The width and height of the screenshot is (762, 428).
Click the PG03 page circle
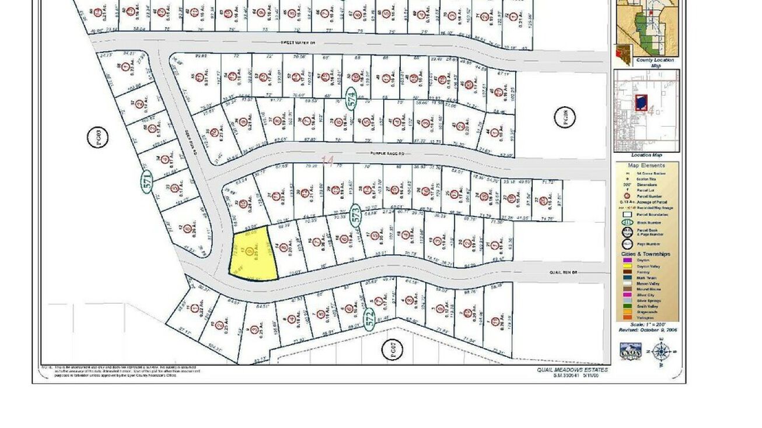click(99, 138)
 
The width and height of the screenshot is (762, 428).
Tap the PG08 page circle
click(564, 117)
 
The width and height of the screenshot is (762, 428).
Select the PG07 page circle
click(392, 350)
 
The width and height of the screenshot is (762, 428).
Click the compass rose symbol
click(660, 352)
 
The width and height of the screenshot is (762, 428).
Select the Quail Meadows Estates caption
click(572, 370)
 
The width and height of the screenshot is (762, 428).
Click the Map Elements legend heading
click(646, 166)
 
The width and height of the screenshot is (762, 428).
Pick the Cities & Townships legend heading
click(646, 254)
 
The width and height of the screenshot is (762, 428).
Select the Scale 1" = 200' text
click(646, 324)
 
